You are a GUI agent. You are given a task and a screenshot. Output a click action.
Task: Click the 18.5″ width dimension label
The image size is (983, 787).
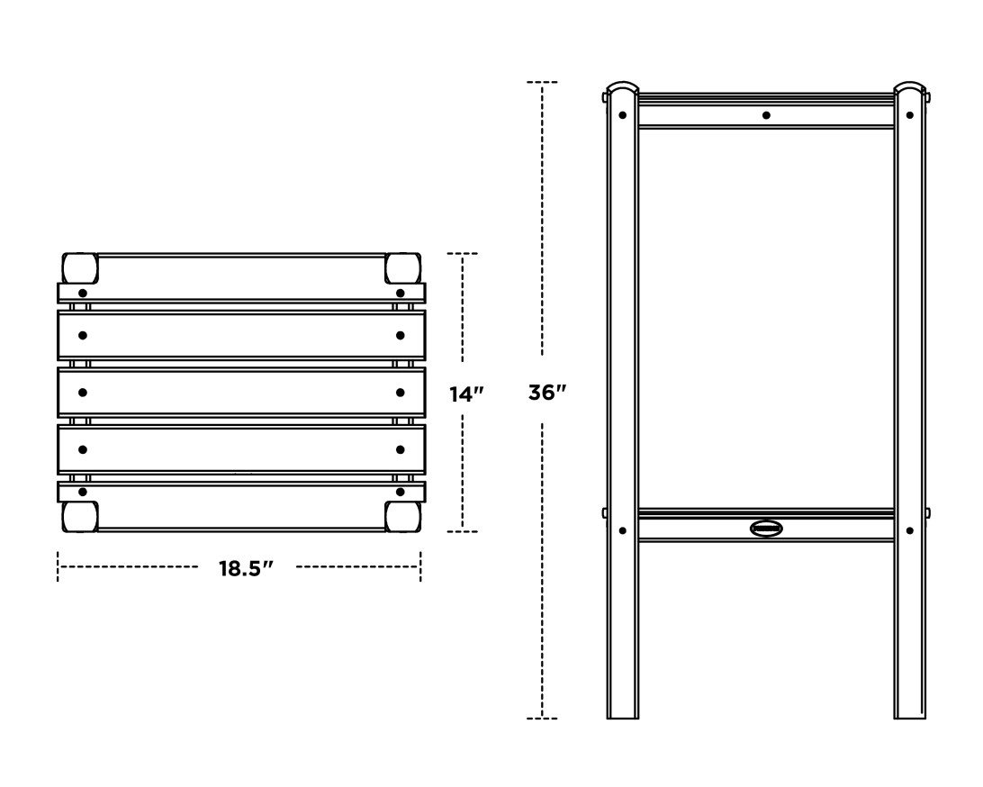pyautogui.click(x=246, y=568)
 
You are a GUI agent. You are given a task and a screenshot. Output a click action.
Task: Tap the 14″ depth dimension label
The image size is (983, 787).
pyautogui.click(x=467, y=393)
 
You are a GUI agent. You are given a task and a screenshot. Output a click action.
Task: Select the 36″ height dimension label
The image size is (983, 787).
pyautogui.click(x=546, y=393)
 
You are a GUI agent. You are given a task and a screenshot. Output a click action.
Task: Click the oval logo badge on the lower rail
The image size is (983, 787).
pyautogui.click(x=766, y=529)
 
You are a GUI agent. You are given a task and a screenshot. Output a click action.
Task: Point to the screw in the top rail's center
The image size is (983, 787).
pyautogui.click(x=766, y=115)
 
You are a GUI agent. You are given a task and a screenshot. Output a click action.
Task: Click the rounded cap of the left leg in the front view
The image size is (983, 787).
pyautogui.click(x=622, y=89)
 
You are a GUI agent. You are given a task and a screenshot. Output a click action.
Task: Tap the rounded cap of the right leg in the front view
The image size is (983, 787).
pyautogui.click(x=909, y=89)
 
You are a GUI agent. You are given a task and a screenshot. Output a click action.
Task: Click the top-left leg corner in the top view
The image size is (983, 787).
pyautogui.click(x=79, y=267)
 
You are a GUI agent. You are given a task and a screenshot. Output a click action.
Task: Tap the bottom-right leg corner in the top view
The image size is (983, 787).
pyautogui.click(x=402, y=516)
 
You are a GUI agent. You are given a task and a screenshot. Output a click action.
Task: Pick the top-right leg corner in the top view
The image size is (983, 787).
pyautogui.click(x=402, y=267)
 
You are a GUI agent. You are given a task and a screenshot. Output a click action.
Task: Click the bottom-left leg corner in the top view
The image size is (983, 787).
pyautogui.click(x=79, y=516)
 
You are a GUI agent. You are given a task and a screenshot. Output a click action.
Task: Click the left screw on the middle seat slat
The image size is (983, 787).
pyautogui.click(x=83, y=393)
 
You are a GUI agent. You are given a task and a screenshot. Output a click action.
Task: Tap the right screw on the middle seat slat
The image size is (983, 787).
pyautogui.click(x=400, y=393)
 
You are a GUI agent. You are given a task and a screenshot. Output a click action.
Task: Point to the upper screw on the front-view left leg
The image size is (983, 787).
pyautogui.click(x=622, y=115)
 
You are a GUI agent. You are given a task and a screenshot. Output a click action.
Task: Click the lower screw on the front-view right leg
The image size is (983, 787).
pyautogui.click(x=909, y=530)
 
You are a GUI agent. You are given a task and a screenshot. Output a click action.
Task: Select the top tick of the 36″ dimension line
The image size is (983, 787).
pyautogui.click(x=542, y=82)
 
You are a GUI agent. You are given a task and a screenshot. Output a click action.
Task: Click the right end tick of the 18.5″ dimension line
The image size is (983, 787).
pyautogui.click(x=419, y=567)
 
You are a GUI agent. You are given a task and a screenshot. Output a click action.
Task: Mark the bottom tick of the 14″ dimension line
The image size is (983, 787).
pyautogui.click(x=463, y=531)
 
